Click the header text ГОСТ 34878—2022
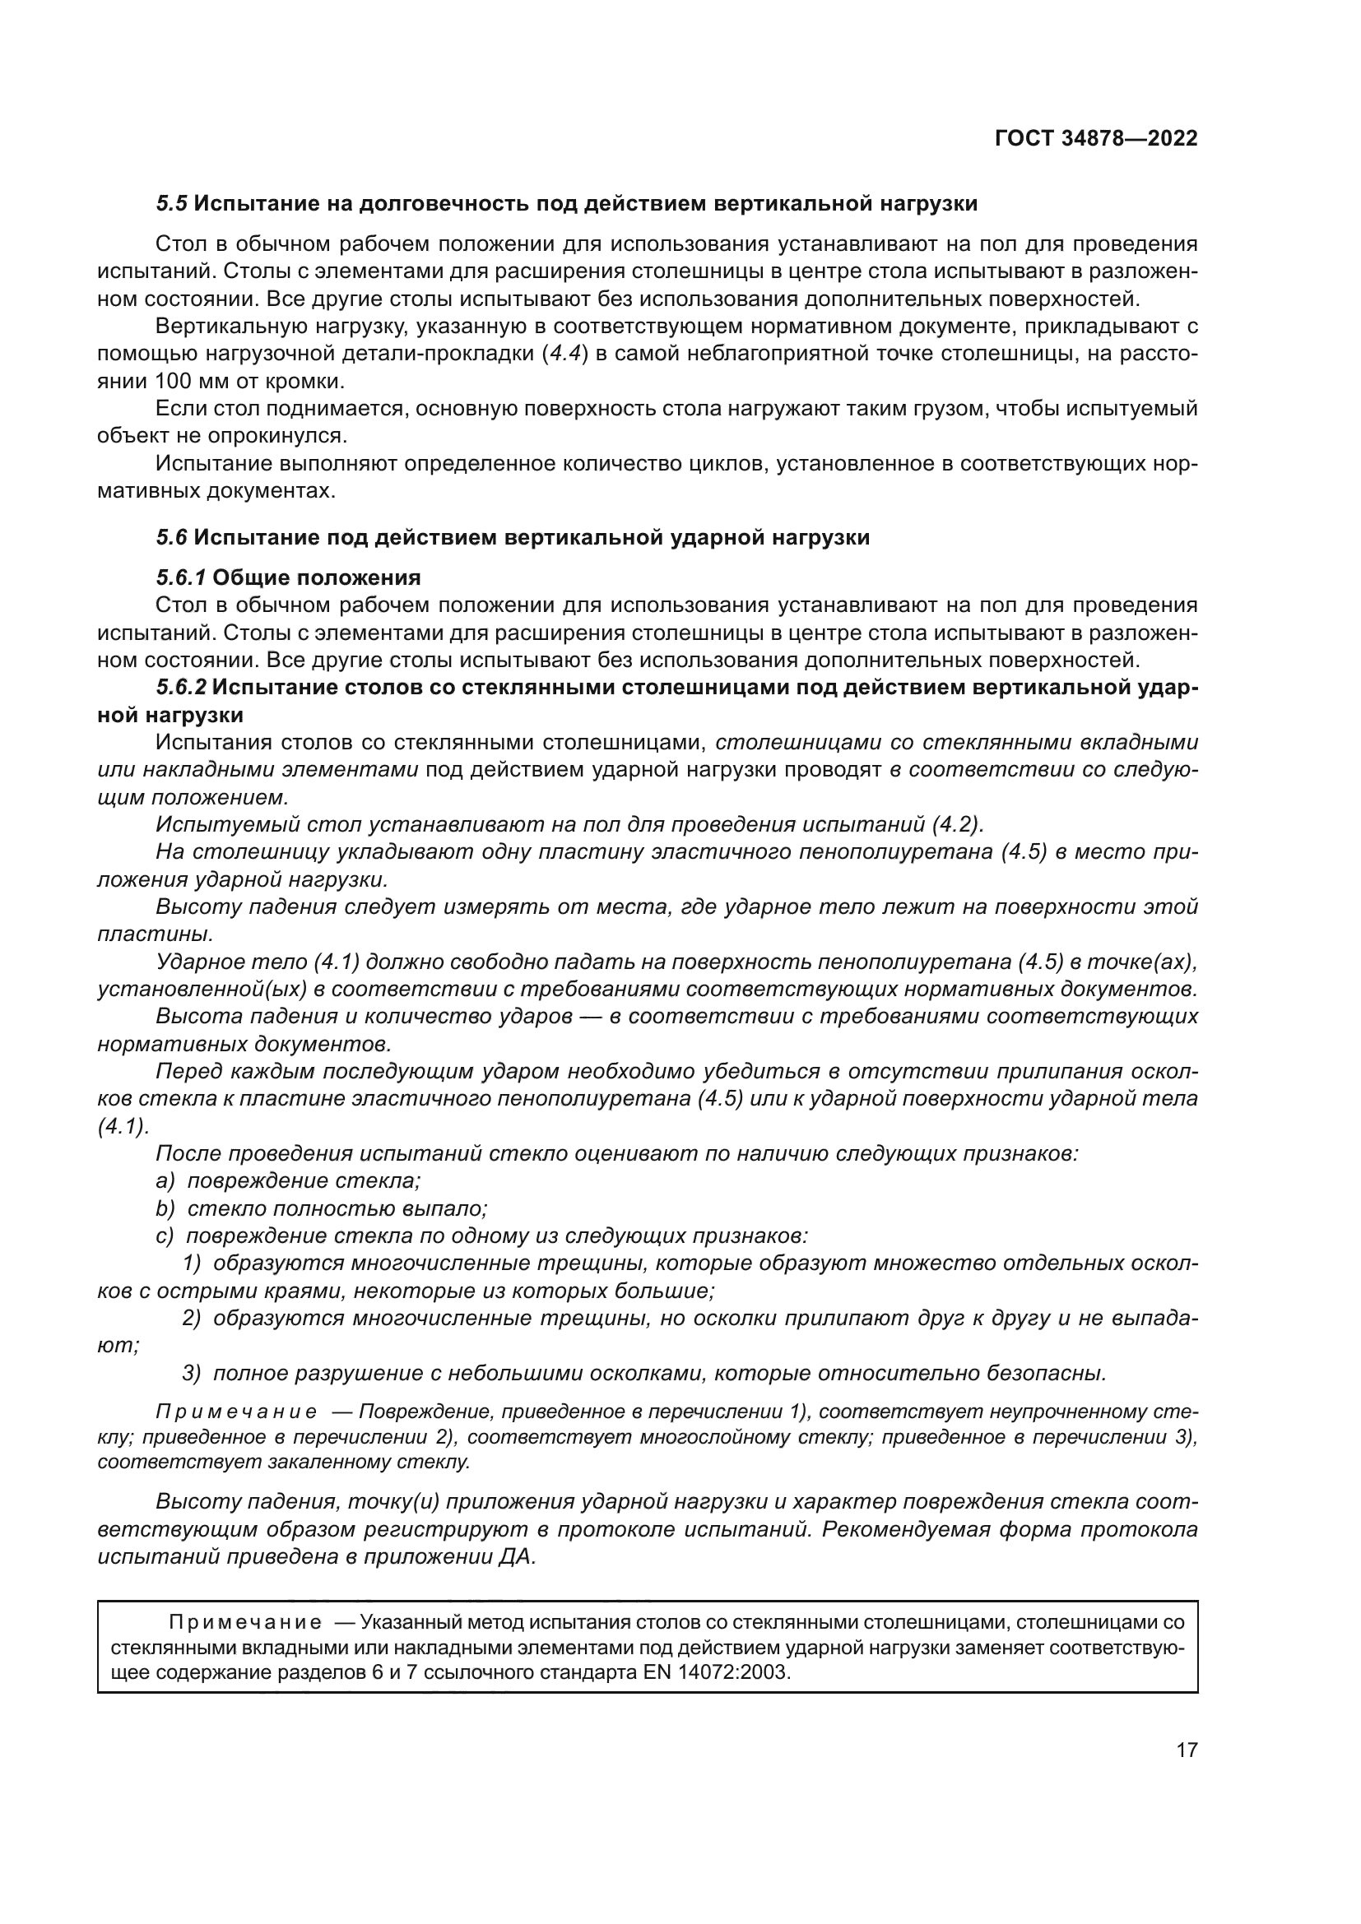point(1096,138)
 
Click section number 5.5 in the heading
point(171,204)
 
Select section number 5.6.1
point(181,577)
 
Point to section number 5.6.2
point(181,687)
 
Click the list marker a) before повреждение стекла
point(165,1180)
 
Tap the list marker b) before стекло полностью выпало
point(165,1208)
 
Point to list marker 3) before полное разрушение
point(192,1373)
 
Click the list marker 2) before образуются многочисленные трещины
point(192,1318)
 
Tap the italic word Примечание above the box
point(237,1412)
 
